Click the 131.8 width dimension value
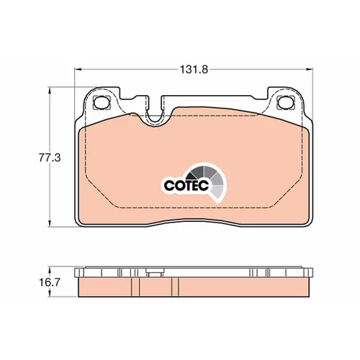click(x=194, y=70)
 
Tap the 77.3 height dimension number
click(x=50, y=158)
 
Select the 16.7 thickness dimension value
click(x=50, y=282)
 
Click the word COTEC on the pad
click(x=186, y=185)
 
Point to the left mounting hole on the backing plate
click(x=101, y=102)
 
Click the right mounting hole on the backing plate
click(x=286, y=102)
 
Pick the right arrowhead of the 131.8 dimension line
click(x=310, y=70)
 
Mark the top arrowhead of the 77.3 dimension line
click(x=50, y=91)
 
